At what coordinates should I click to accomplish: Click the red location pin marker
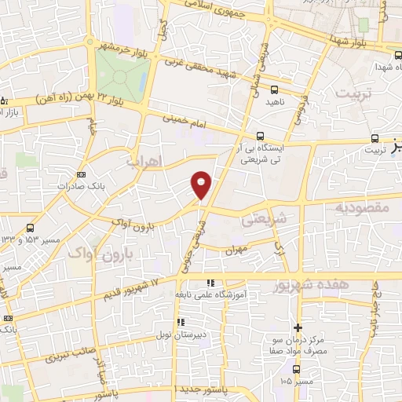[x=201, y=185]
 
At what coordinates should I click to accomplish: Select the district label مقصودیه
[x=363, y=207]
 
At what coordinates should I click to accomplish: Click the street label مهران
[x=236, y=251]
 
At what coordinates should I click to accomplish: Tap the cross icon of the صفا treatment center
[x=298, y=327]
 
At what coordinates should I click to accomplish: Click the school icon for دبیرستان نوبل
[x=180, y=321]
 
